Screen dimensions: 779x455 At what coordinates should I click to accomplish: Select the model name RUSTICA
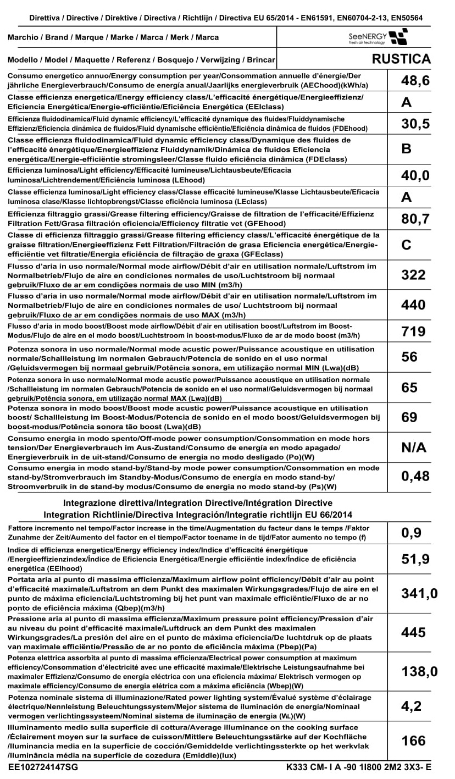click(401, 59)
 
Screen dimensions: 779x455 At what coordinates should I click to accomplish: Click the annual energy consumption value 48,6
click(415, 82)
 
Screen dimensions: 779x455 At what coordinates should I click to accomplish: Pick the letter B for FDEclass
click(407, 149)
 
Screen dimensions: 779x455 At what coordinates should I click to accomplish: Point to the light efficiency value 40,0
click(415, 175)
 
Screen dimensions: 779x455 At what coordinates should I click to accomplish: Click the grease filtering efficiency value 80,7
click(415, 219)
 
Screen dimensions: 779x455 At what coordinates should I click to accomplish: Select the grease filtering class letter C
click(407, 245)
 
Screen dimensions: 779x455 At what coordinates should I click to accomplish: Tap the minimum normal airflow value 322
click(413, 275)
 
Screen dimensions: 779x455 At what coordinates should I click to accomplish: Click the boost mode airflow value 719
click(413, 332)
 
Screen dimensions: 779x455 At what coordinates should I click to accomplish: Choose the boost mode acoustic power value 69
click(409, 417)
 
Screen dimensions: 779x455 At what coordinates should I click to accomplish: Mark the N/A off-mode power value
click(414, 447)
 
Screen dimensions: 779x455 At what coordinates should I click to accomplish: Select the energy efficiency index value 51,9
click(415, 560)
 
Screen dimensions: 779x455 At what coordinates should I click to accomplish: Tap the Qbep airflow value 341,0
click(419, 594)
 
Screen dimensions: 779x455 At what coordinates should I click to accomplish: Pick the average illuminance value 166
click(413, 741)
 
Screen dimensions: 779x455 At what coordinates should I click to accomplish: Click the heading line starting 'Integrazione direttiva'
click(198, 503)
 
